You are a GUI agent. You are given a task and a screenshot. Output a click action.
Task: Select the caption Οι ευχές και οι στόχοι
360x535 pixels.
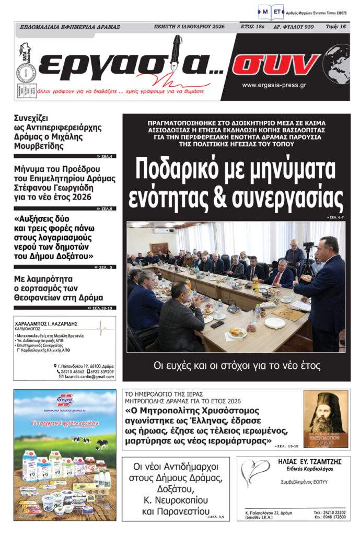(237, 365)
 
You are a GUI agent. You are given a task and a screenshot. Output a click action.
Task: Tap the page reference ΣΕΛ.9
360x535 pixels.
(107, 208)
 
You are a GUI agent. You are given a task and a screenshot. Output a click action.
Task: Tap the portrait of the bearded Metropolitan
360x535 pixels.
(326, 418)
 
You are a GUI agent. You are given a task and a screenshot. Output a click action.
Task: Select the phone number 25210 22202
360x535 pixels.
(334, 513)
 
